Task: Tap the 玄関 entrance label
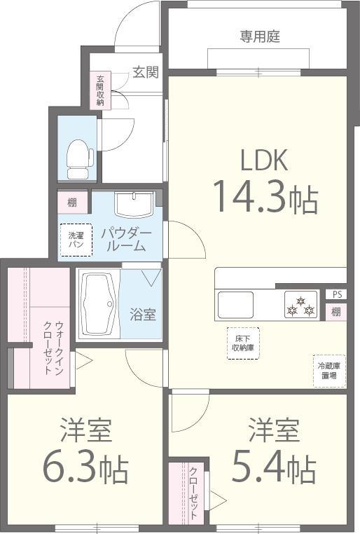pyautogui.click(x=145, y=72)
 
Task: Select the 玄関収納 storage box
pyautogui.click(x=100, y=90)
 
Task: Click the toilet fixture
pyautogui.click(x=79, y=159)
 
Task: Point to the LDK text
pyautogui.click(x=264, y=160)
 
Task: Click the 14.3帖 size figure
pyautogui.click(x=265, y=197)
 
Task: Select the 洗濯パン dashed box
pyautogui.click(x=76, y=240)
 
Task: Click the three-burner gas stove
pyautogui.click(x=301, y=306)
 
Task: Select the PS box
pyautogui.click(x=338, y=294)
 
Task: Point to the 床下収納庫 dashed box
pyautogui.click(x=242, y=343)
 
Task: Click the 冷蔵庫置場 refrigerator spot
pyautogui.click(x=328, y=371)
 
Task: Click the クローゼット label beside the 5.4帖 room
pyautogui.click(x=193, y=493)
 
